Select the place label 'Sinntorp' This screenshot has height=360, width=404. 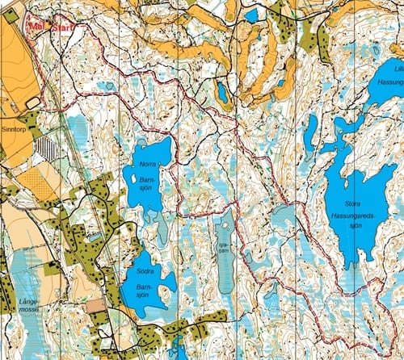[x=15, y=128]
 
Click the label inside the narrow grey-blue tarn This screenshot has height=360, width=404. [x=224, y=251]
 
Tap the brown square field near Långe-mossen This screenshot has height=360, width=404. [x=96, y=306]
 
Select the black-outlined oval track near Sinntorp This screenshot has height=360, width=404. [x=32, y=102]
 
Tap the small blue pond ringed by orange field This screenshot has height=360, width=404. [x=221, y=93]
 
